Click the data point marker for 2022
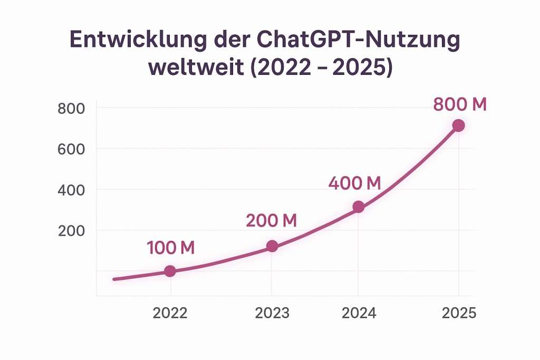coord(170,271)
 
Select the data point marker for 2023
coord(272,246)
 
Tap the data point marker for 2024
coord(358,207)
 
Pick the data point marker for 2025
coord(458,125)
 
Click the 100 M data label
coord(170,248)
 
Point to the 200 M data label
coord(271,220)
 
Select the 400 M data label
coord(354,183)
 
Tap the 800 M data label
coord(459,105)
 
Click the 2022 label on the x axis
coord(170,313)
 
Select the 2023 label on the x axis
coord(272,313)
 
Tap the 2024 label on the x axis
coord(359,313)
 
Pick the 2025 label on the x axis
coord(459,313)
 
